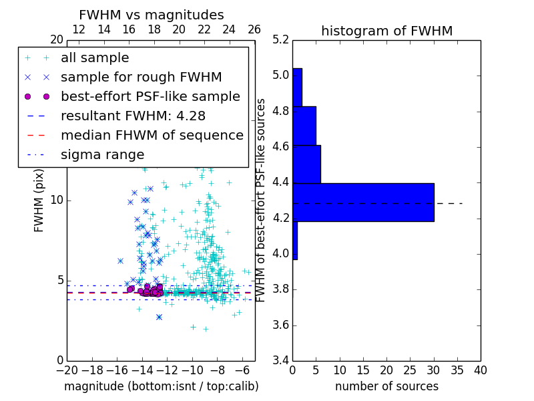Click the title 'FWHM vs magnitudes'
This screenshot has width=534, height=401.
click(152, 15)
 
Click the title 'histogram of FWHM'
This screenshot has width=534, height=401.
click(386, 31)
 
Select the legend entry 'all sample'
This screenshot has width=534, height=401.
click(95, 58)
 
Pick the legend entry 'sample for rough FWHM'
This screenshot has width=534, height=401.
click(141, 77)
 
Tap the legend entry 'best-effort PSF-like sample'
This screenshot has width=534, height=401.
click(150, 96)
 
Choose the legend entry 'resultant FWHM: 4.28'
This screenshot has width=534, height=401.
click(133, 116)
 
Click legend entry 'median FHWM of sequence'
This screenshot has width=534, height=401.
click(152, 135)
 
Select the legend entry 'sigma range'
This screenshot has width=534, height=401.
click(102, 154)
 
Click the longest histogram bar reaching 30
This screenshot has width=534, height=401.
click(364, 202)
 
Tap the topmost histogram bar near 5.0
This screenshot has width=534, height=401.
click(298, 87)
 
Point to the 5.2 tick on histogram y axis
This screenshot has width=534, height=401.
click(280, 39)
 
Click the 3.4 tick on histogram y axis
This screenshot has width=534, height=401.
click(280, 361)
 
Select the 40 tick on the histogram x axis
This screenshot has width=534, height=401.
click(480, 370)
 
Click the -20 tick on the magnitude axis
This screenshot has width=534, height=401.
click(67, 370)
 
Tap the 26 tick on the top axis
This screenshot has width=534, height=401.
click(254, 29)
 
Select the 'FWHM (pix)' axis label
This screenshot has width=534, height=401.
click(39, 200)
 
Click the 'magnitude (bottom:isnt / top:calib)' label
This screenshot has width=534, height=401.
click(161, 386)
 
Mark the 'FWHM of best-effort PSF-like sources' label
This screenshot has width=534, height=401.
click(261, 200)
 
